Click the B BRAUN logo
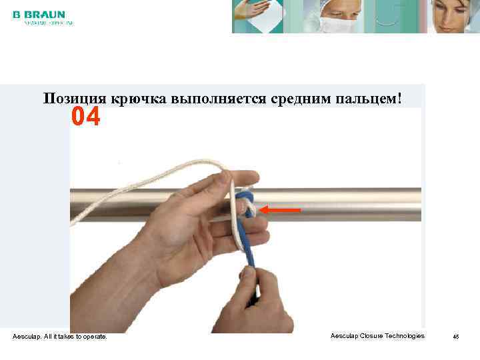39,14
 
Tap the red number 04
86,118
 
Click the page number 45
456,337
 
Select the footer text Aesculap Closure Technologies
377,336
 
